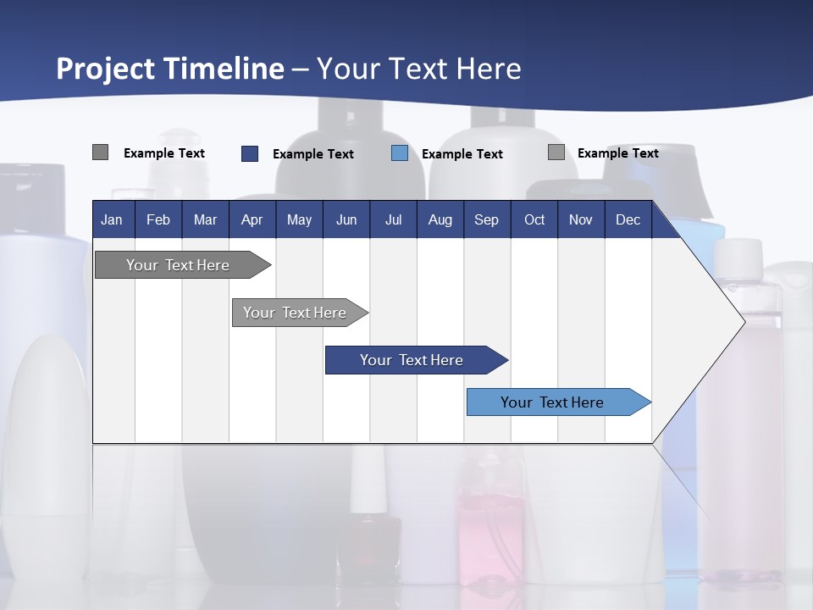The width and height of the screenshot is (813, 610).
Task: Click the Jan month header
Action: [112, 219]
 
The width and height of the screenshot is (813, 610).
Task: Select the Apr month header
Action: [252, 219]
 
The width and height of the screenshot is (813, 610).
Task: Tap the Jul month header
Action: [393, 219]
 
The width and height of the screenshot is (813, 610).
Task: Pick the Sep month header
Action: [486, 219]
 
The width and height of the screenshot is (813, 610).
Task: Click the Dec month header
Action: [628, 219]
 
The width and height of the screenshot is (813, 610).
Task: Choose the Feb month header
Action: [158, 219]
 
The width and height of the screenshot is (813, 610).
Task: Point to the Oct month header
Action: [534, 219]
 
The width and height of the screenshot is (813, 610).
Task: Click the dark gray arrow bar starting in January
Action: [178, 265]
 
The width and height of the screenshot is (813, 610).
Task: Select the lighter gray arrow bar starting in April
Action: [295, 313]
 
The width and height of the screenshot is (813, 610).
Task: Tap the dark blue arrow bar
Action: [412, 360]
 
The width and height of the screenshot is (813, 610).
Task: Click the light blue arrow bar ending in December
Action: [552, 402]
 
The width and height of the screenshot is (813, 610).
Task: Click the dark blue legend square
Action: [250, 153]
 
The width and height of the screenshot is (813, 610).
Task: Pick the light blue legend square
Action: [400, 153]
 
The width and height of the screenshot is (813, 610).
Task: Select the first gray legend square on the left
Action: [100, 152]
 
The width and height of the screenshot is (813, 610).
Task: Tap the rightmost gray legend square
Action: [556, 152]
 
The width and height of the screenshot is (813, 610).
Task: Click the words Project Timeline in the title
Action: [169, 69]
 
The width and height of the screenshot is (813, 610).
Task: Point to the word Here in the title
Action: [489, 69]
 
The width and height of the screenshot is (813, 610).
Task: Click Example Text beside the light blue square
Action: [462, 154]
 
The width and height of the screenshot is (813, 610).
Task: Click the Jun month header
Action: [346, 219]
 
